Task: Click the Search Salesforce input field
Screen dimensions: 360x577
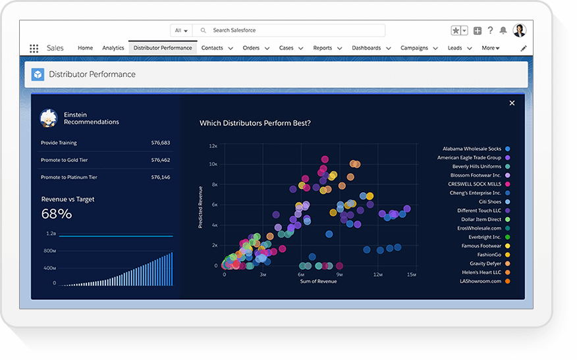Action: [x=290, y=30]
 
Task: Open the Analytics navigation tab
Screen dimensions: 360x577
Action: [x=113, y=48]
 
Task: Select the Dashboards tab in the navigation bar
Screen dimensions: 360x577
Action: [x=366, y=48]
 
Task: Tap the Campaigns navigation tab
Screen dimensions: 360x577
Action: [x=414, y=48]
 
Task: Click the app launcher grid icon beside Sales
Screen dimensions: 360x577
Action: [x=34, y=48]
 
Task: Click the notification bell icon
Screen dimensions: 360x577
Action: [x=503, y=30]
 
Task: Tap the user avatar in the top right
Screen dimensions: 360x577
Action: [x=520, y=30]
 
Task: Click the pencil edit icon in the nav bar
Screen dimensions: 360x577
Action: [x=524, y=48]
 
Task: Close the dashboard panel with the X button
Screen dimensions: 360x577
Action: [x=512, y=103]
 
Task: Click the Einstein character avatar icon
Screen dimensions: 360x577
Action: [x=48, y=118]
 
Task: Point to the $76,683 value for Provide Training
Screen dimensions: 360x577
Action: [x=160, y=143]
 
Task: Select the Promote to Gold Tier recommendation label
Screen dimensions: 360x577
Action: [x=64, y=160]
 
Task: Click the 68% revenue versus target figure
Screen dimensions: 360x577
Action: [x=57, y=214]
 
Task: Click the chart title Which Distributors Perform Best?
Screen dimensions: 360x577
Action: [x=255, y=123]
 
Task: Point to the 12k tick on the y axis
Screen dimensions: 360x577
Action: [x=213, y=146]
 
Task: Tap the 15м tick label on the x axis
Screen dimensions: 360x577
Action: [x=411, y=274]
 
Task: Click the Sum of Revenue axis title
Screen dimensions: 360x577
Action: [x=318, y=282]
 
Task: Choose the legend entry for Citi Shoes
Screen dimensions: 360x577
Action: [x=485, y=202]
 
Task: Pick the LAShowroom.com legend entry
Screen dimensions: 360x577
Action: [x=480, y=281]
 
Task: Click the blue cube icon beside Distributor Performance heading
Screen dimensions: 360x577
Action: [x=38, y=74]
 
